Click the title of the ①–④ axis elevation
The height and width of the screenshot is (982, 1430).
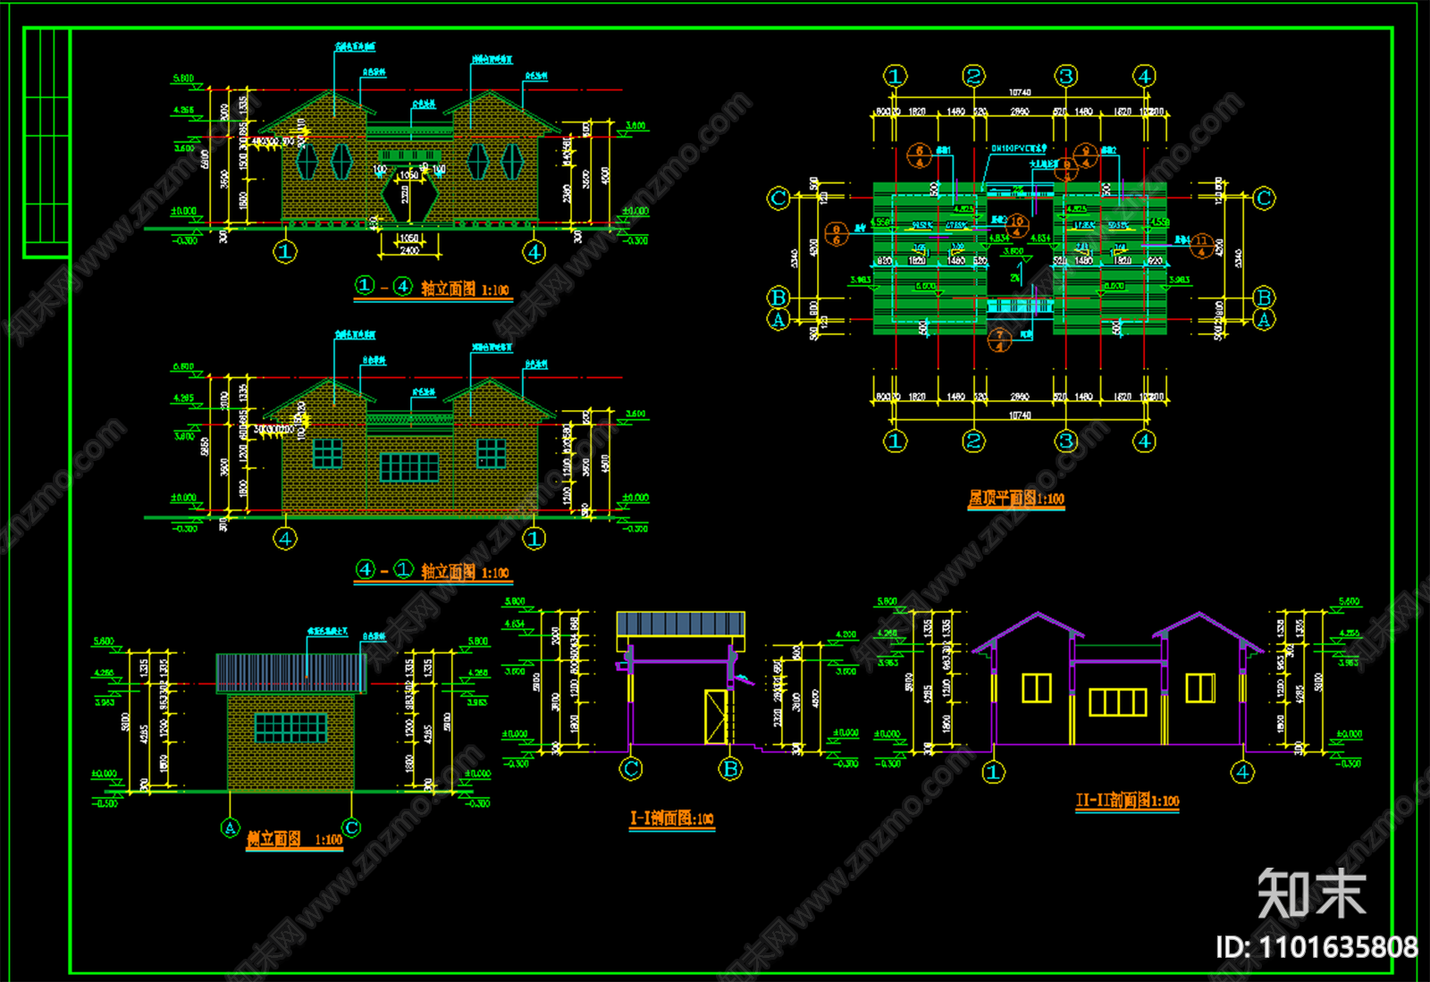point(433,288)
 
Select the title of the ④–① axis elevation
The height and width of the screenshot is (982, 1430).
point(433,571)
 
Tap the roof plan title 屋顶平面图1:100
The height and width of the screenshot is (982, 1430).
point(1016,499)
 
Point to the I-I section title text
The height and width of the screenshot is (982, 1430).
point(671,818)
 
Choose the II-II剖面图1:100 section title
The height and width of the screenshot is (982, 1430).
point(1127,800)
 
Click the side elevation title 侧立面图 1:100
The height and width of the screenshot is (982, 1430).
point(294,839)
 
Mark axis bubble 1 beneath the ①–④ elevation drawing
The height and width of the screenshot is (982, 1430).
point(285,252)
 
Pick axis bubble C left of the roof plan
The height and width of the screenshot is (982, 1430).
point(778,198)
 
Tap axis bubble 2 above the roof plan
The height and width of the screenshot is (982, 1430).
point(974,76)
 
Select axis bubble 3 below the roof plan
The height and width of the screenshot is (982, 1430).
point(1065,441)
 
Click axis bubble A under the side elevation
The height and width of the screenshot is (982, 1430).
point(230,828)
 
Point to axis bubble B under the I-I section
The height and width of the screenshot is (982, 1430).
point(730,768)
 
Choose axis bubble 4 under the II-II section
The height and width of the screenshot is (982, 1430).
point(1242,771)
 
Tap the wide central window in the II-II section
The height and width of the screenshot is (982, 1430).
point(1117,702)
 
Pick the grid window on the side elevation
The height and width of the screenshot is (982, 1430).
point(290,727)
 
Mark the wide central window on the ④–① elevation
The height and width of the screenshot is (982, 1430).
point(409,466)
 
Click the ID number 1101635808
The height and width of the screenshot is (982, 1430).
point(1316,946)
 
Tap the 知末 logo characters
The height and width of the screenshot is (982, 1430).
point(1311,893)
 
